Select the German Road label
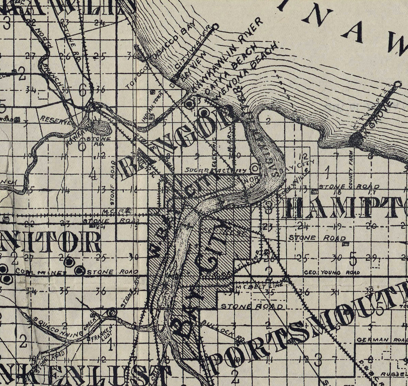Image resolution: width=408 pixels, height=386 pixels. click(x=381, y=340)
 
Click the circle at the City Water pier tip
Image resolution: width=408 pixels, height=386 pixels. click(x=215, y=26)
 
